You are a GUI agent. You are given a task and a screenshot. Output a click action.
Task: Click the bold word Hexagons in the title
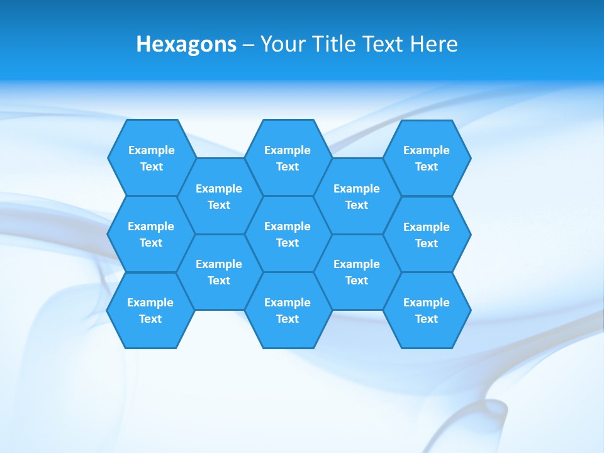[186, 44]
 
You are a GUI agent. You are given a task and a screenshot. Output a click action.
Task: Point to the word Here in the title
[433, 44]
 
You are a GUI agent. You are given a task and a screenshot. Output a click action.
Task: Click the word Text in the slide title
[383, 44]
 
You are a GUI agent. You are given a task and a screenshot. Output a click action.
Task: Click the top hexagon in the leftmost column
[152, 158]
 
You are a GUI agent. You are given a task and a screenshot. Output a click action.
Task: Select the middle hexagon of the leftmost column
[151, 234]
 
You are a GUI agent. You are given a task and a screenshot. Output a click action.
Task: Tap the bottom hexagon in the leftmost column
[150, 310]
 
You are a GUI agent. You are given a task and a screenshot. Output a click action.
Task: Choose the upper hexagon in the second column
[219, 196]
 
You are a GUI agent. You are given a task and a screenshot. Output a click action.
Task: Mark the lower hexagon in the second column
[219, 272]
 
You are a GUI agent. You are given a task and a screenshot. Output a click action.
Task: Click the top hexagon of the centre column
[288, 158]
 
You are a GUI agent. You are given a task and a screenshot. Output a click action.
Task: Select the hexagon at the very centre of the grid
[288, 234]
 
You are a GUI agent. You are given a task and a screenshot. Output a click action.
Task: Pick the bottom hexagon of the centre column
[288, 310]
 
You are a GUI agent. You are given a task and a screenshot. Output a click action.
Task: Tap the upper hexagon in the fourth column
[357, 196]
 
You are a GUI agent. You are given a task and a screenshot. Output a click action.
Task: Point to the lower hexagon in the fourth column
[357, 272]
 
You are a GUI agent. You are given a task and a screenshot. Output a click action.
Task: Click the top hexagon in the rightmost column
[427, 158]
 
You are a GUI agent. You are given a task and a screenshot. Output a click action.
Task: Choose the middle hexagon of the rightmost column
[427, 235]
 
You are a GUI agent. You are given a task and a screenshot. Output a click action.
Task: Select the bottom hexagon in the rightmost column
[427, 310]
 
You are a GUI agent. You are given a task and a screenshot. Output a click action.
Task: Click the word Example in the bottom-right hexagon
[427, 303]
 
